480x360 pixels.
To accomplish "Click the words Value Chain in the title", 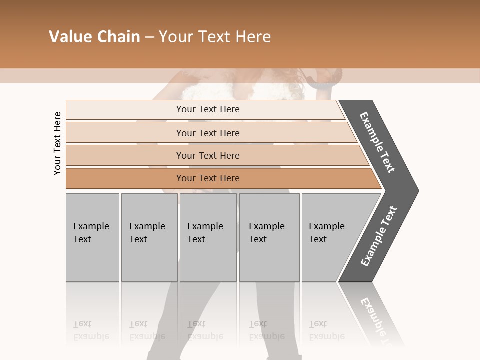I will point(94,37).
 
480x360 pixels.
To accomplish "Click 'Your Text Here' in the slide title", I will point(215,37).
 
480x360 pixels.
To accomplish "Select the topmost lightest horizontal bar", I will point(125,110).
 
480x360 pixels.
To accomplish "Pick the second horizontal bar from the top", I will point(125,133).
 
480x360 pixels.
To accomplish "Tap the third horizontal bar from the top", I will point(125,155).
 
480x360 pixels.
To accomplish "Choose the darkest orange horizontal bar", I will point(125,178).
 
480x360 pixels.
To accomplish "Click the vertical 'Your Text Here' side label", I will point(58,144).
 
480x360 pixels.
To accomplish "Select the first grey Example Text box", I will point(92,237).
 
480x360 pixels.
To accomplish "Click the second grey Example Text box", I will point(149,237).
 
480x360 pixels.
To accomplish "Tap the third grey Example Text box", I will point(208,237).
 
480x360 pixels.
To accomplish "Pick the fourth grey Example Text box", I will point(269,237).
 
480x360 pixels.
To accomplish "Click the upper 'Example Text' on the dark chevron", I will point(377,142).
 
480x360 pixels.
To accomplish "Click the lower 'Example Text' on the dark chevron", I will point(378,236).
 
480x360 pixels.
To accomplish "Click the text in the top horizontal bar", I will point(208,109).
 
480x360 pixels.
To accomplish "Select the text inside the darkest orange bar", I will point(208,178).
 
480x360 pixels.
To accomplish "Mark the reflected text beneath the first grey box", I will point(91,330).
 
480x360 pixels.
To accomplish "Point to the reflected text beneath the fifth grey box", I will point(326,330).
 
